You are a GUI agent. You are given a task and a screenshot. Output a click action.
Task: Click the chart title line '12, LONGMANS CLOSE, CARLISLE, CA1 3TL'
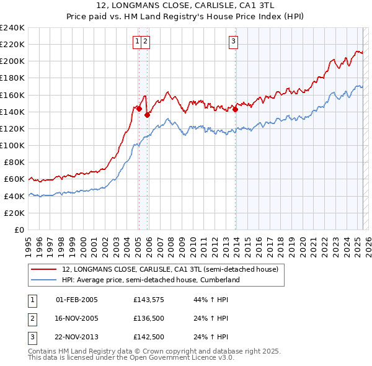186,6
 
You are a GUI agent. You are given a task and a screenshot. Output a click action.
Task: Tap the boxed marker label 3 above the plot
233,42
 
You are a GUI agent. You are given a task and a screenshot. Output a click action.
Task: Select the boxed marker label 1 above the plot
136,42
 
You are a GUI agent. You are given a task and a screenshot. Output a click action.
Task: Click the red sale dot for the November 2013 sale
236,110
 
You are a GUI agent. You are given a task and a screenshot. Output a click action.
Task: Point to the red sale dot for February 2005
139,109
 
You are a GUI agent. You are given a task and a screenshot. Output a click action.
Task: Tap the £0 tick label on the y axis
20,230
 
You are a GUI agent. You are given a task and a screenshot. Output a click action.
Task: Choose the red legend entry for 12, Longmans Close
174,269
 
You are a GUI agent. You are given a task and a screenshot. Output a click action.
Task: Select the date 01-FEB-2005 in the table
77,300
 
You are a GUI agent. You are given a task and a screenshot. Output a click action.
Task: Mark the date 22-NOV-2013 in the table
77,338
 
